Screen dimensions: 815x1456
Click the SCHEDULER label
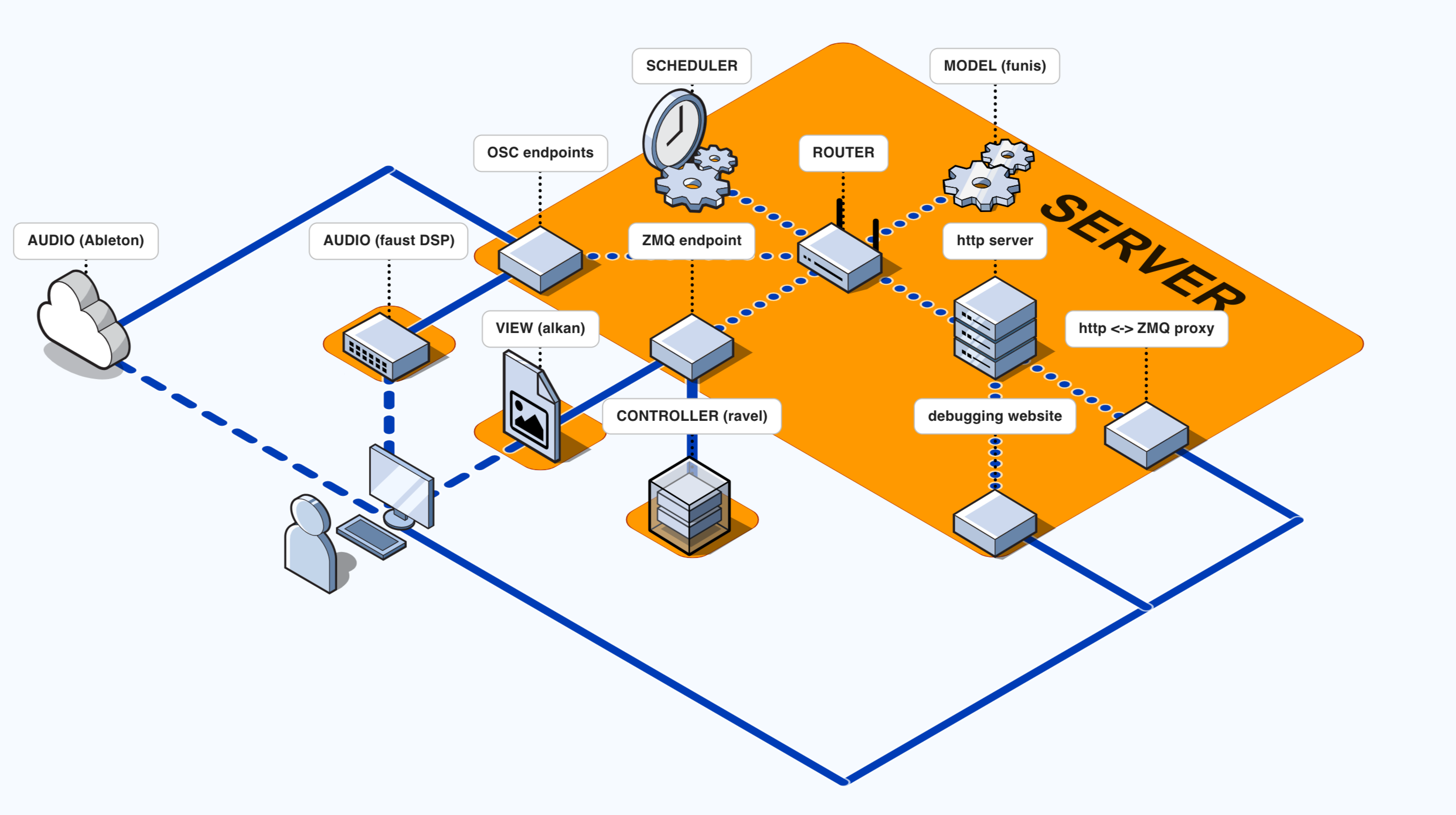tap(691, 66)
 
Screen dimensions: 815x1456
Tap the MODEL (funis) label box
tap(994, 66)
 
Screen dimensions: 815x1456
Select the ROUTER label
tap(843, 153)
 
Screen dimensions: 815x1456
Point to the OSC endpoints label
tap(540, 153)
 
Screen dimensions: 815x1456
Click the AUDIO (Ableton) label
tap(86, 241)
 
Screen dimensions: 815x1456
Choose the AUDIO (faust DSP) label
tap(388, 241)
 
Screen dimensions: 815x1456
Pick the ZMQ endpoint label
tap(691, 241)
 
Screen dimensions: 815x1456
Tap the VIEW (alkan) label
tap(540, 328)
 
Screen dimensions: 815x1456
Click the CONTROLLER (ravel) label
tap(691, 416)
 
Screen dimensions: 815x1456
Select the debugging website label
tap(994, 416)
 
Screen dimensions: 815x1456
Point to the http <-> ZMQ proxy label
tap(1146, 328)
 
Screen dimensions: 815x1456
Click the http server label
tap(994, 241)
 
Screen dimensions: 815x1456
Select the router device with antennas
tap(839, 257)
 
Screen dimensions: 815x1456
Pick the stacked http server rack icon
tap(994, 328)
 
